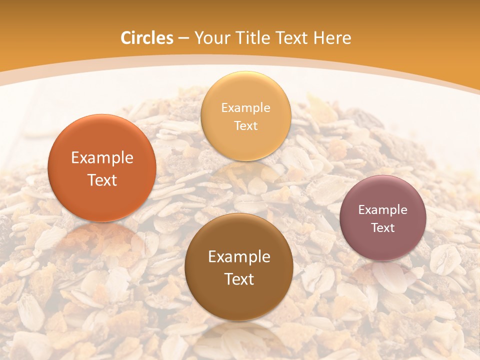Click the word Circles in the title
pyautogui.click(x=147, y=38)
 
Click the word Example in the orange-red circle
pyautogui.click(x=102, y=158)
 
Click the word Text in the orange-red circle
pyautogui.click(x=102, y=180)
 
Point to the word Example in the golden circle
pyautogui.click(x=246, y=108)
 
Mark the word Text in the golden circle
pyautogui.click(x=246, y=126)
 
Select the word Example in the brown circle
pyautogui.click(x=239, y=257)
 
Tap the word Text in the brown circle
pyautogui.click(x=239, y=279)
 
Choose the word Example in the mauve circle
pyautogui.click(x=383, y=210)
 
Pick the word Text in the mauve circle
pyautogui.click(x=383, y=228)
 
